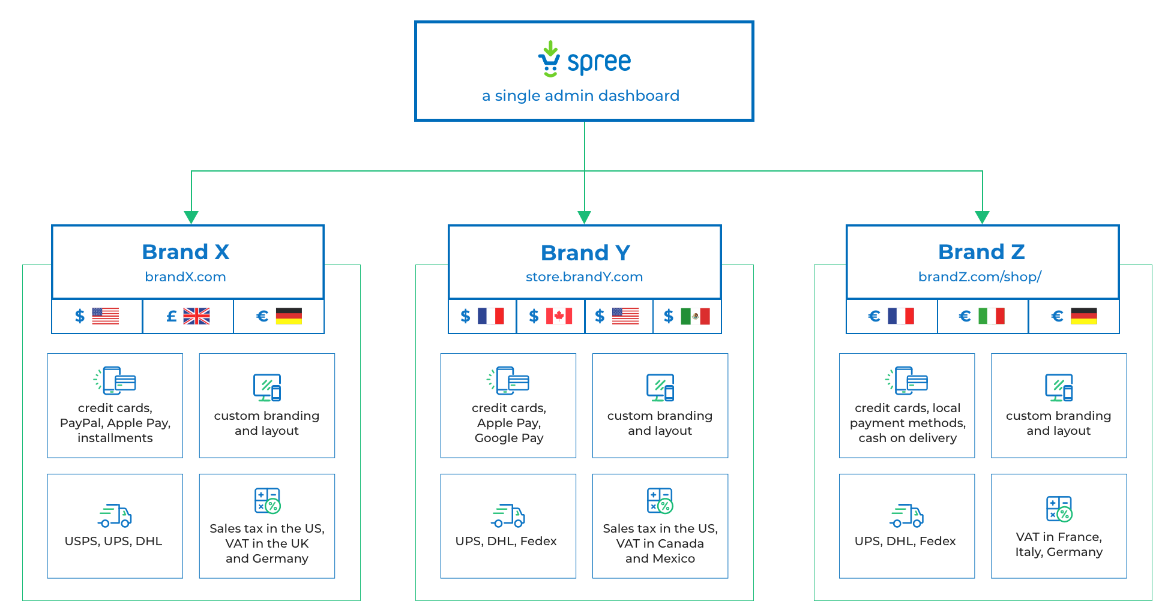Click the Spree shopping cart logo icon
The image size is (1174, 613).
pyautogui.click(x=549, y=59)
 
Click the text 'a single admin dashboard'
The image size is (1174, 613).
pyautogui.click(x=580, y=96)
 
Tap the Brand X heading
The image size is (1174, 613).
pyautogui.click(x=185, y=252)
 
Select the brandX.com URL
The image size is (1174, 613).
pyautogui.click(x=185, y=277)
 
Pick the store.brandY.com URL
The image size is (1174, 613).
pyautogui.click(x=584, y=277)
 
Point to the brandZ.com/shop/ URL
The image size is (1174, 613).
pyautogui.click(x=980, y=277)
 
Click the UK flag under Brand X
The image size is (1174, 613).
pyautogui.click(x=196, y=316)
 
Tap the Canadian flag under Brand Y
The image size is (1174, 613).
pyautogui.click(x=559, y=316)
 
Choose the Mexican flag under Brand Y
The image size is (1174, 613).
pyautogui.click(x=695, y=316)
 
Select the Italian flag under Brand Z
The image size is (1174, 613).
pyautogui.click(x=991, y=316)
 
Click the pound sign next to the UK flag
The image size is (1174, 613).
pyautogui.click(x=172, y=316)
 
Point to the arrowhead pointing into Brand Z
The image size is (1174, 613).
pyautogui.click(x=982, y=217)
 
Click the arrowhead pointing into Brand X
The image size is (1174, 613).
pyautogui.click(x=191, y=217)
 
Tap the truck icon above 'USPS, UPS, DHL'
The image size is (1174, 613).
pyautogui.click(x=115, y=515)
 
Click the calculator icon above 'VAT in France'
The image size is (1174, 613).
pyautogui.click(x=1059, y=509)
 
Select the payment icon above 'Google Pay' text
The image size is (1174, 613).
pyautogui.click(x=508, y=381)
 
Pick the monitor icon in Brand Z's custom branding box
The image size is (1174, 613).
pyautogui.click(x=1059, y=387)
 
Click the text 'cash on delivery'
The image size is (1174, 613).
pyautogui.click(x=908, y=438)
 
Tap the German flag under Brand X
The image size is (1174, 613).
pyautogui.click(x=289, y=316)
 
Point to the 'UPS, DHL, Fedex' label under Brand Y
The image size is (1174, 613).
pyautogui.click(x=506, y=541)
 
